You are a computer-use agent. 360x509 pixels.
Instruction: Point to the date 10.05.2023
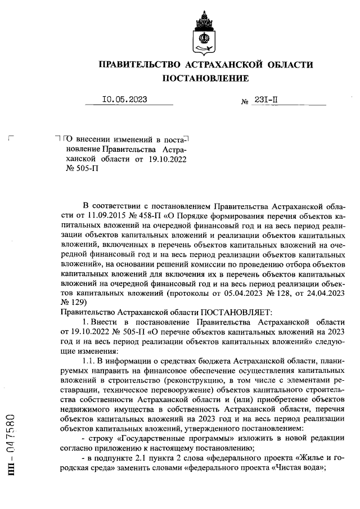pos(124,100)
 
